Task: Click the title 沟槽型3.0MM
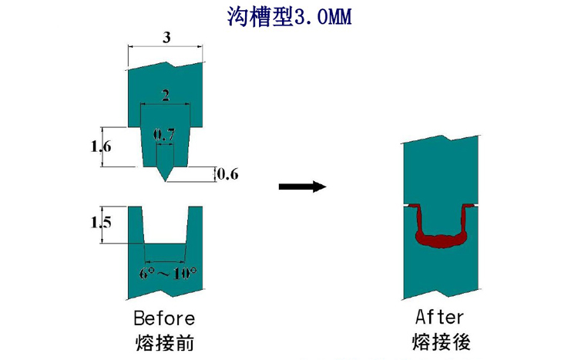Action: coord(289,17)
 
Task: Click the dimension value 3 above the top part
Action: coord(166,37)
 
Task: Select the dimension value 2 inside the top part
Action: coord(165,95)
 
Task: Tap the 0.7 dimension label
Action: coord(165,135)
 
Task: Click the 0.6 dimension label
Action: coord(227,174)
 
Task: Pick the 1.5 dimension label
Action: coord(101,223)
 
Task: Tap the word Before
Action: coord(164,318)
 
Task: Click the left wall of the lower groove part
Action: coord(136,231)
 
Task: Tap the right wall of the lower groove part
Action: coord(195,231)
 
